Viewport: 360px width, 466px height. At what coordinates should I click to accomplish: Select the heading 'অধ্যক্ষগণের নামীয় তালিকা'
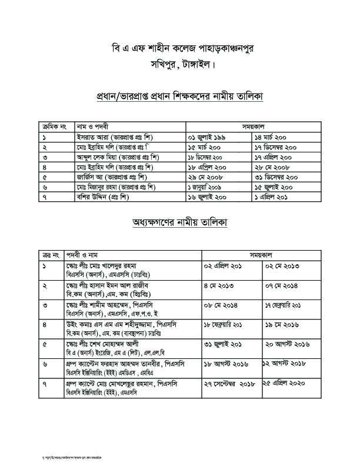[180, 222]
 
